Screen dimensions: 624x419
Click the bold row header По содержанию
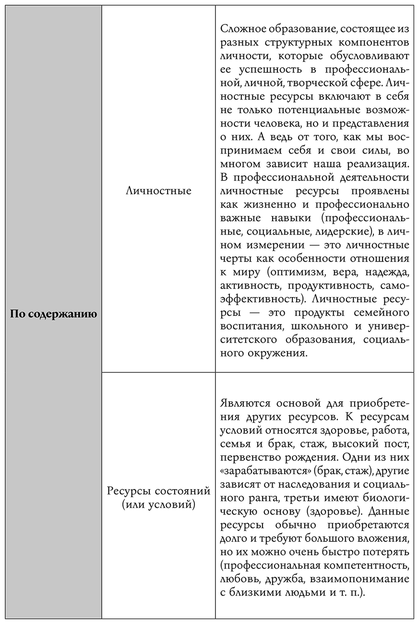[53, 315]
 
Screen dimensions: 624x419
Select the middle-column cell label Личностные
[158, 191]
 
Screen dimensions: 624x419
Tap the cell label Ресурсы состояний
[158, 492]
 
